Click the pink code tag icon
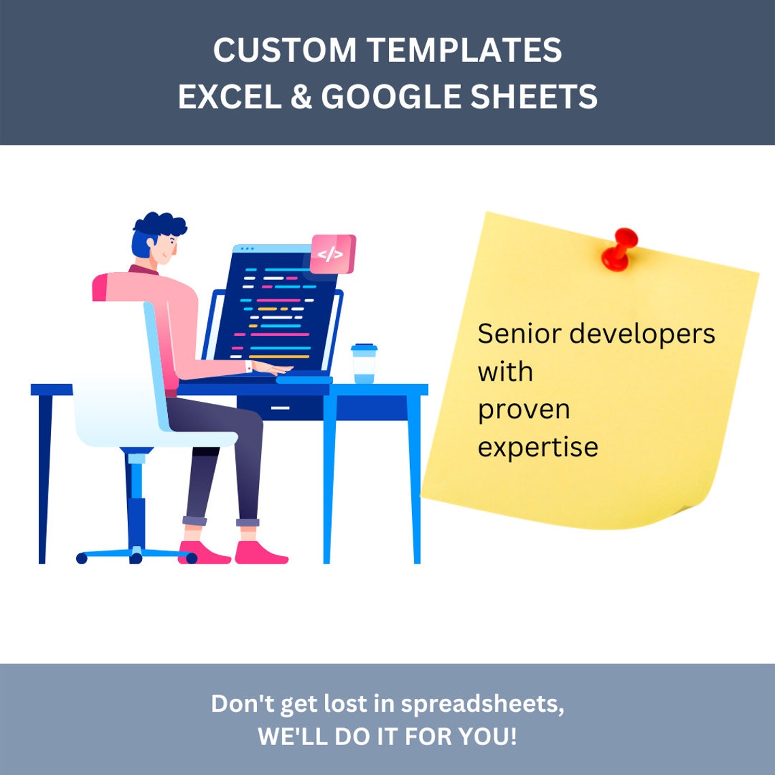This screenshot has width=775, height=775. pyautogui.click(x=332, y=254)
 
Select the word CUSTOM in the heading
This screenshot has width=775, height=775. pyautogui.click(x=284, y=50)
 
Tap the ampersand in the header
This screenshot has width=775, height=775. pyautogui.click(x=301, y=97)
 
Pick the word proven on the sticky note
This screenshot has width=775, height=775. pyautogui.click(x=523, y=411)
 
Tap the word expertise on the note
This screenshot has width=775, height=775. pyautogui.click(x=538, y=447)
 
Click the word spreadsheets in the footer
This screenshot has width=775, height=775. pyautogui.click(x=482, y=704)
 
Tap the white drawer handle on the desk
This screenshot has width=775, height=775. pyautogui.click(x=280, y=408)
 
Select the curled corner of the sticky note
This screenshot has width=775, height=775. pyautogui.click(x=680, y=513)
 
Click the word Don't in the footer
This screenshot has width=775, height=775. pyautogui.click(x=242, y=704)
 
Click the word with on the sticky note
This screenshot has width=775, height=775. pyautogui.click(x=505, y=372)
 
